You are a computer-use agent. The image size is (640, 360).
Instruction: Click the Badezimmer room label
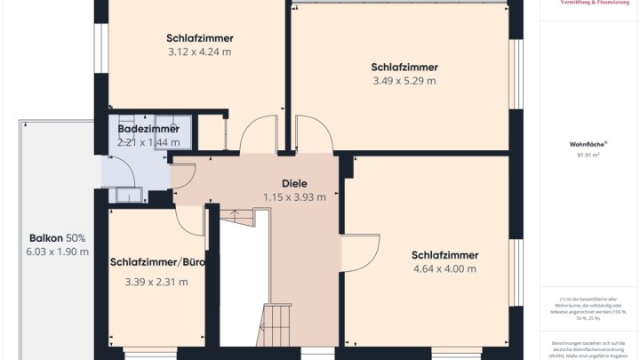pos(148,129)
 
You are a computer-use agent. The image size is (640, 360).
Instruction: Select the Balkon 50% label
pos(58,238)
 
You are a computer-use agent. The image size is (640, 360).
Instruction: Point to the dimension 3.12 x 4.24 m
pos(199,52)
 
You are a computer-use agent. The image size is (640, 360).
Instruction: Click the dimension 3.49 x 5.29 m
pos(404,81)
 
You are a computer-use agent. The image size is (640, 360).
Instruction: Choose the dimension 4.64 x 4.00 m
pos(444,269)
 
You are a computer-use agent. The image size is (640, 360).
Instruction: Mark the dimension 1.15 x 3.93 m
pos(294,197)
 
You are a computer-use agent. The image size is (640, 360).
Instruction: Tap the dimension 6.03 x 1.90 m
pos(59,252)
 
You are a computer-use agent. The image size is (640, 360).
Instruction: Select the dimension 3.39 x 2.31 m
pos(156,282)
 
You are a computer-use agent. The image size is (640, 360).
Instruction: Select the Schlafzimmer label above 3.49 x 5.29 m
pos(404,67)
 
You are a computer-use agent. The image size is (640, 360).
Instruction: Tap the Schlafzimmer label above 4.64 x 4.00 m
pos(444,255)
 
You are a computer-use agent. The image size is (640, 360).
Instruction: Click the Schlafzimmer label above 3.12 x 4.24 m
pos(199,38)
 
